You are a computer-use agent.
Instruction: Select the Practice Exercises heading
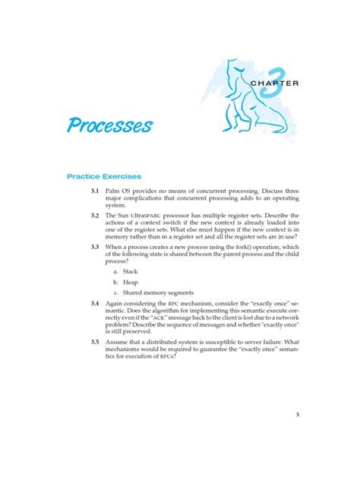pyautogui.click(x=104, y=176)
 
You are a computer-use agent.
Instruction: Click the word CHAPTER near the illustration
pyautogui.click(x=300, y=83)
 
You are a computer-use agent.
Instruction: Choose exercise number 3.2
pyautogui.click(x=95, y=216)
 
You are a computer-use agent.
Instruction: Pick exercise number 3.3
pyautogui.click(x=95, y=247)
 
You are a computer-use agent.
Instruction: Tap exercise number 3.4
pyautogui.click(x=95, y=304)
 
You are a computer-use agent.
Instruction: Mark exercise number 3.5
pyautogui.click(x=95, y=342)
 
